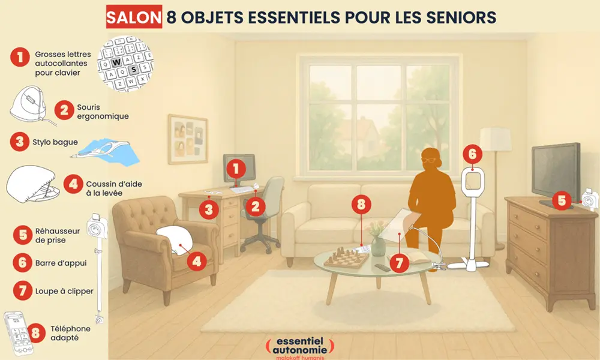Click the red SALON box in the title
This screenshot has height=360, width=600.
coord(134,17)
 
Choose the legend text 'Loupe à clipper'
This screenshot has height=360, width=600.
coord(64,291)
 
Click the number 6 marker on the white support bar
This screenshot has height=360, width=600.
coord(472,154)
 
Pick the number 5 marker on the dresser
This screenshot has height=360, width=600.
coord(562,200)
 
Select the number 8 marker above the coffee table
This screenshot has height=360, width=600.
coord(361,204)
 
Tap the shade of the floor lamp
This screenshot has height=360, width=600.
coord(494,139)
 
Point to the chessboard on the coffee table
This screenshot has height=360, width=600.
coord(347,259)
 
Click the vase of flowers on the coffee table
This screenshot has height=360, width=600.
coord(378,240)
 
